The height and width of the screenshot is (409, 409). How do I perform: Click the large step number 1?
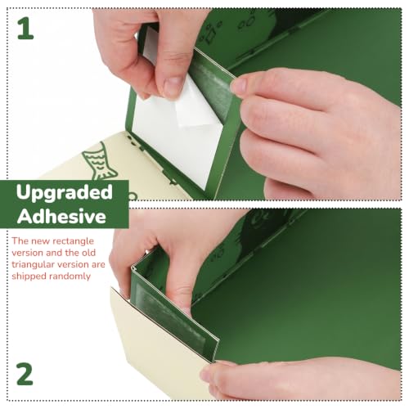pos(25,29)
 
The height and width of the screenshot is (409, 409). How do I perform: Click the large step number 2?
pos(25,374)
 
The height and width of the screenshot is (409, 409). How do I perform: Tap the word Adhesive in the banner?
pos(61,217)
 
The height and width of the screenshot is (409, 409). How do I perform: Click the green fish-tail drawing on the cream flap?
pos(99,161)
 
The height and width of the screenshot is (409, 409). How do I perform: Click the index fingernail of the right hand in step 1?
pos(239,85)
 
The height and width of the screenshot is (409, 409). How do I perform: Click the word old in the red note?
pos(89,253)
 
